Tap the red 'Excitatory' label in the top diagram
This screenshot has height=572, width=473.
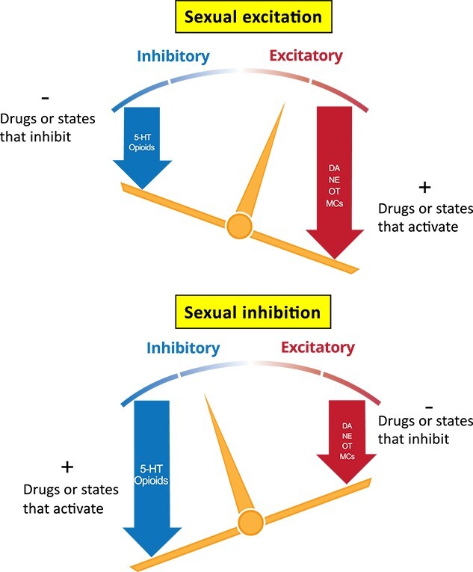click(306, 56)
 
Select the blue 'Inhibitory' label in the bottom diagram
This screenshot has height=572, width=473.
click(183, 348)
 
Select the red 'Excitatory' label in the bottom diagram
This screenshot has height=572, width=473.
click(317, 348)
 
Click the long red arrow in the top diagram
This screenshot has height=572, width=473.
click(336, 179)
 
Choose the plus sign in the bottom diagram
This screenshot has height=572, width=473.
click(67, 467)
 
